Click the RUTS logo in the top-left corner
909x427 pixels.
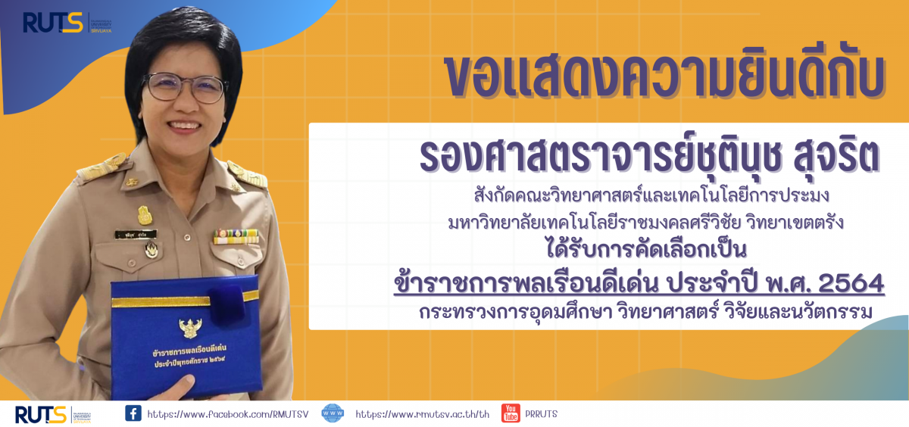[x=67, y=23]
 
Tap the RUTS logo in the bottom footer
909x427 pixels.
[x=53, y=415]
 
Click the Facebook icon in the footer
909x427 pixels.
[x=133, y=413]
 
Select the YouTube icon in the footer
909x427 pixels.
[x=511, y=413]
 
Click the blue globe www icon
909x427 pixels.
[x=333, y=413]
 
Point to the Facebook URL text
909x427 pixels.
[x=228, y=414]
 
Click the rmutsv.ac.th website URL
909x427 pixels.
[x=423, y=414]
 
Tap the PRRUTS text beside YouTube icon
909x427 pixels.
[x=542, y=414]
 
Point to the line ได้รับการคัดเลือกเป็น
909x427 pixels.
[x=646, y=249]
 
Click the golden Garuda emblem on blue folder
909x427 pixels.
[x=190, y=328]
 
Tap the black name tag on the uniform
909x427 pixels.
[x=136, y=235]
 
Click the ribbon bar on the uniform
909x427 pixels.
[x=236, y=236]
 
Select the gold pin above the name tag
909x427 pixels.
[x=145, y=215]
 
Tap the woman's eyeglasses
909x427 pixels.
[x=185, y=87]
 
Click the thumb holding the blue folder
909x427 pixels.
[x=179, y=386]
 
